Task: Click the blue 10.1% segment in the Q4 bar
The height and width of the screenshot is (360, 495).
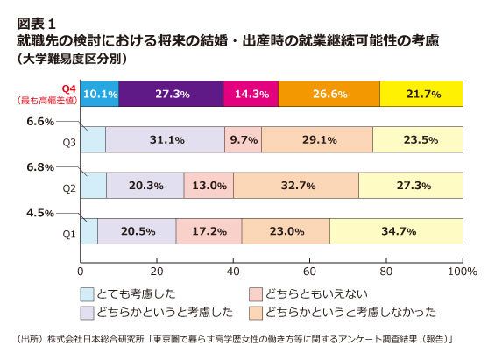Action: pyautogui.click(x=100, y=94)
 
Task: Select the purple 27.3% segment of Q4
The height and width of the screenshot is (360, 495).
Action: pyautogui.click(x=171, y=94)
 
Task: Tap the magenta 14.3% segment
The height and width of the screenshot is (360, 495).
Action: pyautogui.click(x=251, y=94)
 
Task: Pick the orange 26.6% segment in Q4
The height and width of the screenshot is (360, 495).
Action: pyautogui.click(x=329, y=94)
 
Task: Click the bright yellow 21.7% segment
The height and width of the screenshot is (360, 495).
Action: pyautogui.click(x=421, y=94)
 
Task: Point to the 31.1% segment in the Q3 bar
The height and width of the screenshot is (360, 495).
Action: pyautogui.click(x=165, y=139)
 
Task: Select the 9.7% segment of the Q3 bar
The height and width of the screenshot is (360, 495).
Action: pyautogui.click(x=243, y=139)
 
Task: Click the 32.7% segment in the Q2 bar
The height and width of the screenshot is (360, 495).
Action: pyautogui.click(x=296, y=186)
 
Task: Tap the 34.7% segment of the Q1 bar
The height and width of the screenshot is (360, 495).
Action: pyautogui.click(x=397, y=231)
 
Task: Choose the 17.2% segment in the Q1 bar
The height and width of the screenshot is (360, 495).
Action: pyautogui.click(x=209, y=231)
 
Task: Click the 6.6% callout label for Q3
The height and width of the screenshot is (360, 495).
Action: pyautogui.click(x=40, y=122)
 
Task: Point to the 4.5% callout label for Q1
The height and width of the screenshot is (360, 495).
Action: pyautogui.click(x=40, y=213)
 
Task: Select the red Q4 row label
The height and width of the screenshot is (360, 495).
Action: pyautogui.click(x=68, y=89)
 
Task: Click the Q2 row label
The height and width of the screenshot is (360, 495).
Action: pyautogui.click(x=69, y=188)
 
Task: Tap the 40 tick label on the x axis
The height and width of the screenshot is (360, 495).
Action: pyautogui.click(x=233, y=272)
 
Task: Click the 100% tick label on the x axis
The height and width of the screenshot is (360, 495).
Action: pyautogui.click(x=463, y=272)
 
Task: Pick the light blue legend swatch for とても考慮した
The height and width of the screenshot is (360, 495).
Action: pyautogui.click(x=87, y=294)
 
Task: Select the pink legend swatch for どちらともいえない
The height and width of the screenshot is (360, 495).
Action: pyautogui.click(x=256, y=294)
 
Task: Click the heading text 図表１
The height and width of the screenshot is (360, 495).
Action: pyautogui.click(x=36, y=24)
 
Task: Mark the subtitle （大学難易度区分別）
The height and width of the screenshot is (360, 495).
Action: pyautogui.click(x=73, y=59)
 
